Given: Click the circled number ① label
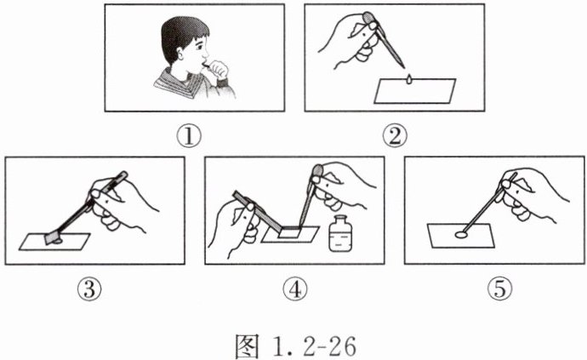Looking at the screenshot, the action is pos(189,136).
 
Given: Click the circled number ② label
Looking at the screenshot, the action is pos(395,136).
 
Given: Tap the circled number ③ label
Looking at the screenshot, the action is pos(89,289).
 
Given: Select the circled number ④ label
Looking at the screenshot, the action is pos(294,289).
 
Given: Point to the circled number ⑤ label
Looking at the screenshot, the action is pos(499,289).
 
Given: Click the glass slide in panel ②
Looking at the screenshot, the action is pos(415,91).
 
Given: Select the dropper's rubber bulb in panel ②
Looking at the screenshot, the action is pos(369,19).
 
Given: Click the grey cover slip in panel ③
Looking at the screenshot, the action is pos(53,237).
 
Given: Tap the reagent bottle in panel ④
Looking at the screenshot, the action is pos(340,233).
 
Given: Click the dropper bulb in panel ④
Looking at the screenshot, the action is pos(318,171).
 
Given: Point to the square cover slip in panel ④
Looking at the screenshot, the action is pos(290,232).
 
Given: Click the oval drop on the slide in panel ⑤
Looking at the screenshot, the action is pos(461,235).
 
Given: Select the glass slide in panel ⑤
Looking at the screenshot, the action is pos(461,236).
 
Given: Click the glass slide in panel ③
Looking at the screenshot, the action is pos(54,242).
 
